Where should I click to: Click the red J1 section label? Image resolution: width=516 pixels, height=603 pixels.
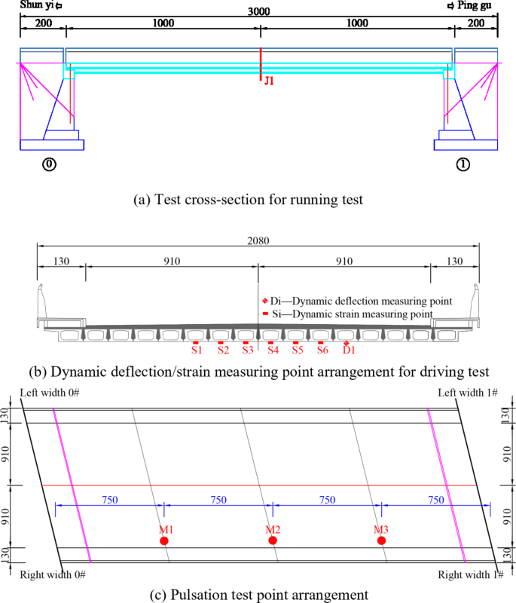(x=269, y=79)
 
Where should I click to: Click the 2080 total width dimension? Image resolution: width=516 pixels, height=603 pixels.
(x=258, y=240)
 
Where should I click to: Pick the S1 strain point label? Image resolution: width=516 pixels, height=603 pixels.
(x=196, y=350)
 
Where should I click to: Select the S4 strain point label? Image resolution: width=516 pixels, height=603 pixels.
(x=273, y=350)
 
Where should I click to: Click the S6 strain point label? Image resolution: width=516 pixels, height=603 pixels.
(x=322, y=350)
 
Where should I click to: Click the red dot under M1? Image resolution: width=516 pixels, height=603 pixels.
(x=163, y=540)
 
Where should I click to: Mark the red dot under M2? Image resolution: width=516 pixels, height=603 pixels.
(x=273, y=540)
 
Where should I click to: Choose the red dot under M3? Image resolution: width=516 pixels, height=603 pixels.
(x=382, y=540)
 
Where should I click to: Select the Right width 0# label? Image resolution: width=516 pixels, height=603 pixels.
(x=53, y=575)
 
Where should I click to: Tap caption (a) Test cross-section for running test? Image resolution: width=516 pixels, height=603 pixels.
(x=258, y=200)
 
